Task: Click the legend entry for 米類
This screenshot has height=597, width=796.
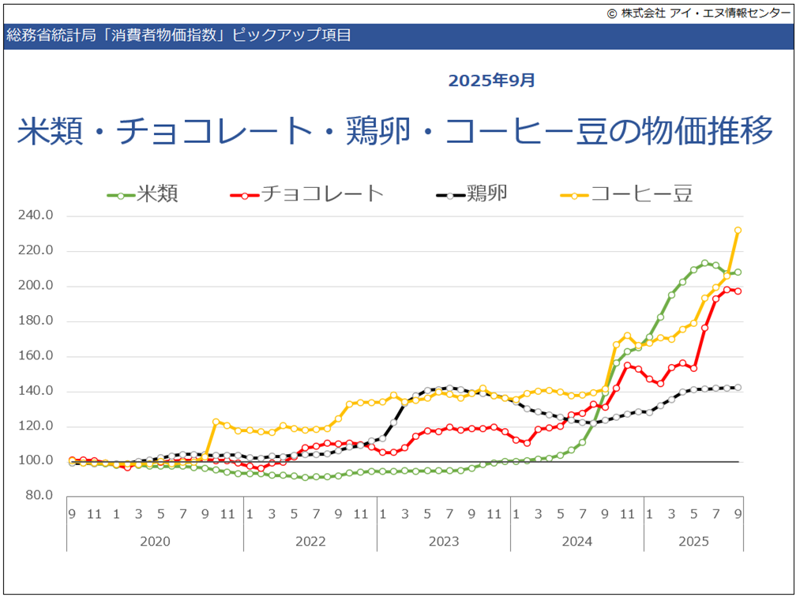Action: (x=157, y=194)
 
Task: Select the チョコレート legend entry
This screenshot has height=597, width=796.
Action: (x=321, y=194)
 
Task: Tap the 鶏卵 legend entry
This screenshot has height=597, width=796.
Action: (x=486, y=194)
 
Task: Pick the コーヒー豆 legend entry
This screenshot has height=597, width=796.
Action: (x=641, y=194)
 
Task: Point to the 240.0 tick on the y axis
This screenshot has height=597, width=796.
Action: (x=36, y=216)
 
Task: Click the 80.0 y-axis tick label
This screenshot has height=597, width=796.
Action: (x=38, y=496)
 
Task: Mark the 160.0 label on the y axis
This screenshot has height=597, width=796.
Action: (x=36, y=356)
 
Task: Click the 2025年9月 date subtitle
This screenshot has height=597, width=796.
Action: (x=492, y=81)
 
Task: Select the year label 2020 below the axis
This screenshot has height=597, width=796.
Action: (x=154, y=541)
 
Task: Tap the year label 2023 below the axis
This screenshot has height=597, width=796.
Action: (x=444, y=541)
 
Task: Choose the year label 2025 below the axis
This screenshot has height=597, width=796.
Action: (x=693, y=541)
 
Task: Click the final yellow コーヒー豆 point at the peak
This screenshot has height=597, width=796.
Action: (x=738, y=231)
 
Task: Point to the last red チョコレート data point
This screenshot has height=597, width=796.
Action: (x=738, y=291)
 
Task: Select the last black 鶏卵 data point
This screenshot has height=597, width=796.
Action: (x=738, y=387)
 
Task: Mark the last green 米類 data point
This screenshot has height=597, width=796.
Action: (x=738, y=272)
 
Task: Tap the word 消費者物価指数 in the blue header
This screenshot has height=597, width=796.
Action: (x=160, y=36)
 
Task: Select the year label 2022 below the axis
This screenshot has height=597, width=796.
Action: (x=310, y=541)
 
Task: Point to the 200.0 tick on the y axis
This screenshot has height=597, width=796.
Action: (x=36, y=286)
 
